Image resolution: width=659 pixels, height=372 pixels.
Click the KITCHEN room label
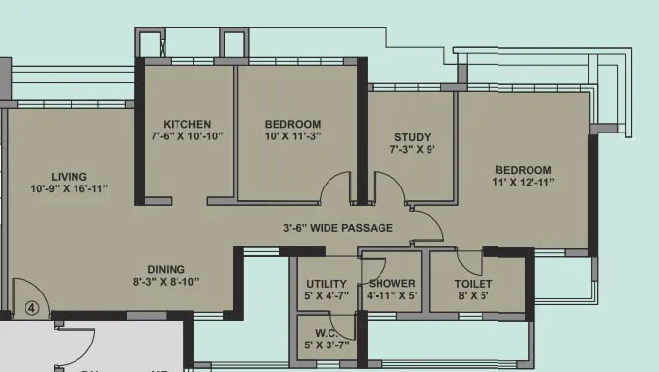point(187,124)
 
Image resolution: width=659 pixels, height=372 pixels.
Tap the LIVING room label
point(69,175)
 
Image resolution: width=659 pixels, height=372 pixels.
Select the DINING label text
point(166,268)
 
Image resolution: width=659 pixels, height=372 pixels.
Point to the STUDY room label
point(412,137)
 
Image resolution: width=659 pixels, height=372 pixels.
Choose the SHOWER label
point(391,284)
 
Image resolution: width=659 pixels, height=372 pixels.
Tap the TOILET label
point(474,284)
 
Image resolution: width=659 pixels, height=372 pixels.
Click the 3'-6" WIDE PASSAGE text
point(338,228)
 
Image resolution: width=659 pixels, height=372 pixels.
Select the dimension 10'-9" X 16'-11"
point(69,187)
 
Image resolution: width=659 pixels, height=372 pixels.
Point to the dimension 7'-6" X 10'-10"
point(187,136)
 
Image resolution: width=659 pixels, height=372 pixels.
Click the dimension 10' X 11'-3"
point(293,136)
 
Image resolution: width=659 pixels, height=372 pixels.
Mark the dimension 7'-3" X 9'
point(412,150)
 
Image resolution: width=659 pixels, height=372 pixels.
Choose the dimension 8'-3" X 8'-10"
point(166,281)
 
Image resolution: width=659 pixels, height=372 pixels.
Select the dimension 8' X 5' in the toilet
point(474,295)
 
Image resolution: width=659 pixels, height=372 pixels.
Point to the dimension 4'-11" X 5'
point(391,295)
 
